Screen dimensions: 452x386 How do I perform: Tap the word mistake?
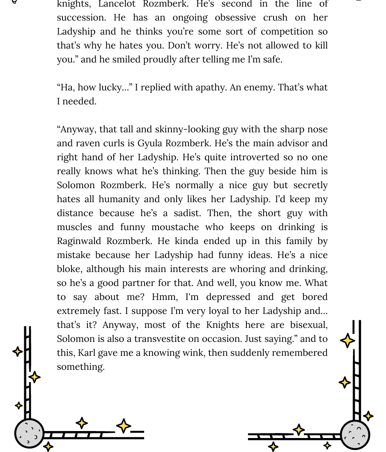(74, 255)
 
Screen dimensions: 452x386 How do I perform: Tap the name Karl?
(87, 353)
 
